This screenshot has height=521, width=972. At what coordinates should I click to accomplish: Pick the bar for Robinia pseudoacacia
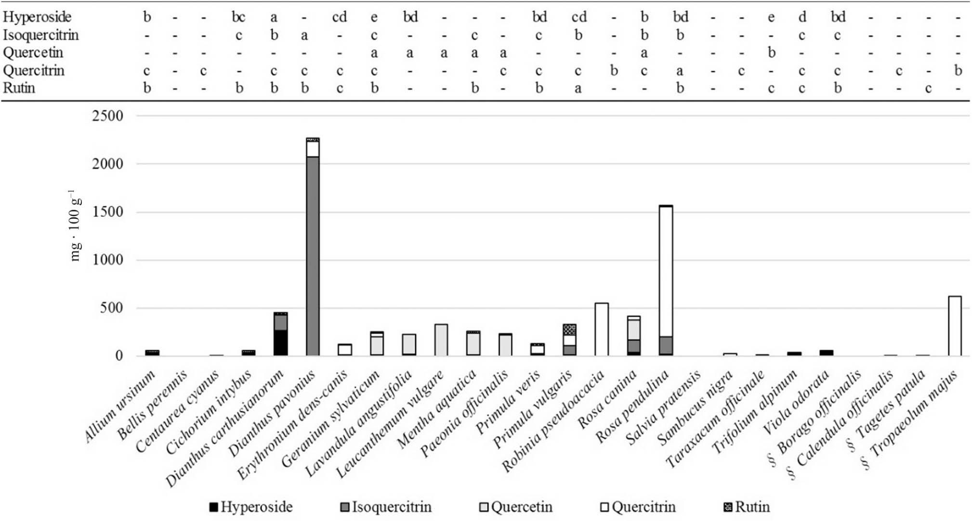[602, 329]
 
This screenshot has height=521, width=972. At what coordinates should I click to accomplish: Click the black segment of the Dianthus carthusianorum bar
[280, 343]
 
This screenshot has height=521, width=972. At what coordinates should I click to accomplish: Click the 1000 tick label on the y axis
[107, 260]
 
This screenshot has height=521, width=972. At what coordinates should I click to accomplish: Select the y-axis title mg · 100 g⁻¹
[75, 226]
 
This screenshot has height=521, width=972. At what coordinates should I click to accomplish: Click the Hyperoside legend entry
[251, 507]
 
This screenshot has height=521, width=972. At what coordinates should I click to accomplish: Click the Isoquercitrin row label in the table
[40, 35]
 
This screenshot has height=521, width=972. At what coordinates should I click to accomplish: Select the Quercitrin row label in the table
[33, 71]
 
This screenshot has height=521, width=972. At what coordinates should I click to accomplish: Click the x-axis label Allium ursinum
[121, 406]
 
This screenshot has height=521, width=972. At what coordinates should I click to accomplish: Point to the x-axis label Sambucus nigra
[696, 407]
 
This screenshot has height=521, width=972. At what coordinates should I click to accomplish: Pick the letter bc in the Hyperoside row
[238, 17]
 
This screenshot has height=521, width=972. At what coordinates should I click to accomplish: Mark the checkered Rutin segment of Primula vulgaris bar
[569, 330]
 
